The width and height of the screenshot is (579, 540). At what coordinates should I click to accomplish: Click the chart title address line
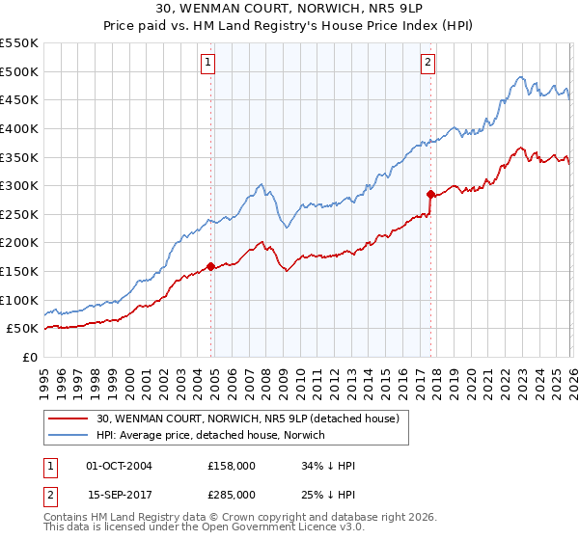pyautogui.click(x=289, y=9)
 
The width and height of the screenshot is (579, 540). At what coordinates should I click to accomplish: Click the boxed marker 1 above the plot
pyautogui.click(x=207, y=64)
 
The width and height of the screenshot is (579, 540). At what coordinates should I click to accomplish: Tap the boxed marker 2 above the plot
pyautogui.click(x=427, y=64)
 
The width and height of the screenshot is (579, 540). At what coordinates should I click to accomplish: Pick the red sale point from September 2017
pyautogui.click(x=430, y=194)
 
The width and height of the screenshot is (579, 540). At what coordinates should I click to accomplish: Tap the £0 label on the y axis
pyautogui.click(x=29, y=358)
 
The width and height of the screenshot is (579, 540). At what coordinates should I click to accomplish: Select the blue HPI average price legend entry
pyautogui.click(x=211, y=435)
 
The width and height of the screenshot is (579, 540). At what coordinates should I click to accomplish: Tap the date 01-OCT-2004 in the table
pyautogui.click(x=119, y=466)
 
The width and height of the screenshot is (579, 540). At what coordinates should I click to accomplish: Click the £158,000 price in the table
pyautogui.click(x=231, y=466)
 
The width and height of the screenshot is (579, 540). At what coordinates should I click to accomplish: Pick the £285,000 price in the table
pyautogui.click(x=231, y=495)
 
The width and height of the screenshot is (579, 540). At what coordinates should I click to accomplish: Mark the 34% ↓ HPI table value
pyautogui.click(x=328, y=466)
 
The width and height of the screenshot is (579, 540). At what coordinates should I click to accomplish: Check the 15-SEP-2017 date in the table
pyautogui.click(x=119, y=495)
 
